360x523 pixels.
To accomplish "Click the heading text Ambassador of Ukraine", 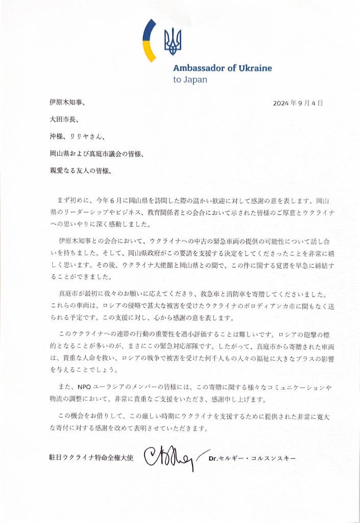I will pyautogui.click(x=222, y=68).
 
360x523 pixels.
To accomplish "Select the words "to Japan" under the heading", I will pyautogui.click(x=190, y=80).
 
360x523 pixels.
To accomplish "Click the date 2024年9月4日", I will pyautogui.click(x=298, y=103).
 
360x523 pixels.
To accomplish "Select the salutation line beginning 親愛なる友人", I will pyautogui.click(x=77, y=170).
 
